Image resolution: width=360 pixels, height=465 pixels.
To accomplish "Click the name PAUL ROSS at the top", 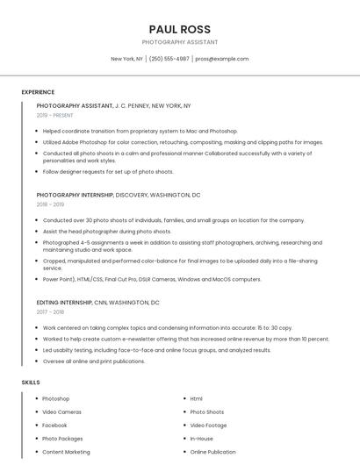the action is tap(179, 29).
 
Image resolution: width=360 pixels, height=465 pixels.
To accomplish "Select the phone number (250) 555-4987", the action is tap(169, 59).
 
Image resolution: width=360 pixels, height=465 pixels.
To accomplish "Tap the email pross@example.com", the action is tap(221, 59).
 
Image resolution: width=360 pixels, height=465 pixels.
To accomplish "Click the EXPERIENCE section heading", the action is tap(38, 92).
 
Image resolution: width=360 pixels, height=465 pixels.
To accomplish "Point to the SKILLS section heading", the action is tap(31, 383).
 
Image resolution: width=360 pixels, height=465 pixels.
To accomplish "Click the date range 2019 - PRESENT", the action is tap(55, 115).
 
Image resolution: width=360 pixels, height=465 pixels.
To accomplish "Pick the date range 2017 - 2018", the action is tap(50, 311).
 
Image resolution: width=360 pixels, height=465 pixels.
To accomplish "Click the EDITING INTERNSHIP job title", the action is tap(63, 302).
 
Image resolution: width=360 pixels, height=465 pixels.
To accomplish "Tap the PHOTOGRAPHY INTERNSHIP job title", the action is tap(75, 195).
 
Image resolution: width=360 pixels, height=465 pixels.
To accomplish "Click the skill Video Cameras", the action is tap(61, 411).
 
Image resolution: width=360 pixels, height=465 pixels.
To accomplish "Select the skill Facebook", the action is tap(54, 425).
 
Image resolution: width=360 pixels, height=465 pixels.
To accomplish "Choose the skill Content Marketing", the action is tap(66, 452).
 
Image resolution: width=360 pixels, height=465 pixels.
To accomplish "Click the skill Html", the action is tap(196, 398).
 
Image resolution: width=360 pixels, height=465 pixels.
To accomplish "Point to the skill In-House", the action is tap(201, 439).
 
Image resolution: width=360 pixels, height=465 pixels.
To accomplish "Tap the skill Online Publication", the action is tap(212, 452).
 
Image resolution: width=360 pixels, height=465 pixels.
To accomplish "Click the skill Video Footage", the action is tap(208, 425).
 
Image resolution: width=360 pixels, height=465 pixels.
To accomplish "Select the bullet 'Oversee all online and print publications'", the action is tap(94, 361).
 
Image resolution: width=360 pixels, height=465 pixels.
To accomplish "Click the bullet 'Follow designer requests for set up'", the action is tap(108, 172).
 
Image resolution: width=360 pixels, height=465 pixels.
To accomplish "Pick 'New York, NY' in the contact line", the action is tap(126, 59).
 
